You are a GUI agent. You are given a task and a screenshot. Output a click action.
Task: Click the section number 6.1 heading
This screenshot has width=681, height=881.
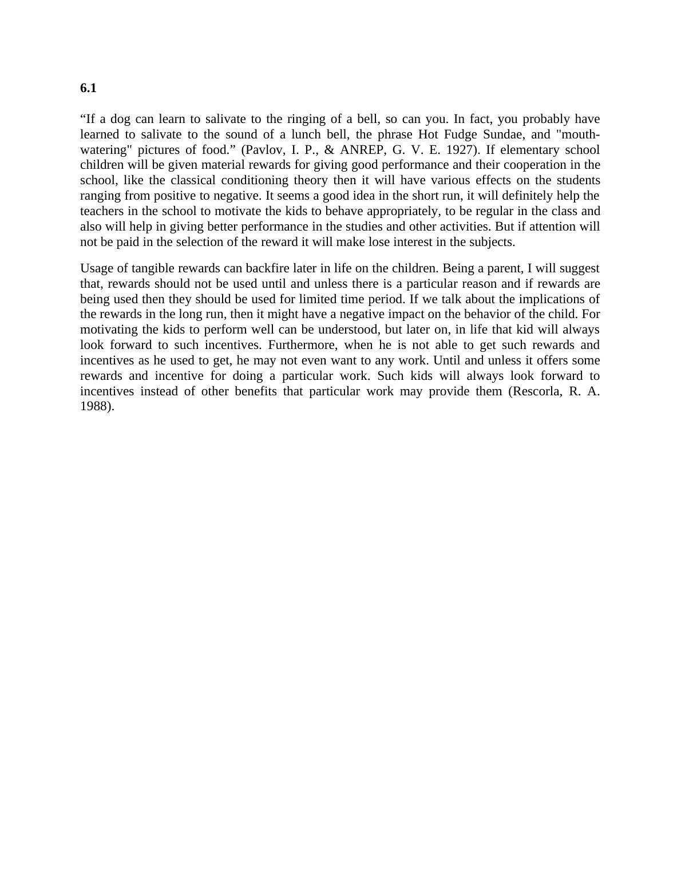click(88, 88)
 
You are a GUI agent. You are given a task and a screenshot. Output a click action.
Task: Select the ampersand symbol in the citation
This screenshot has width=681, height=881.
click(329, 150)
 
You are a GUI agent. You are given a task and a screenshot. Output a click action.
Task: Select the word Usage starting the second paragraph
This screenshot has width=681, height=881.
click(96, 268)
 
